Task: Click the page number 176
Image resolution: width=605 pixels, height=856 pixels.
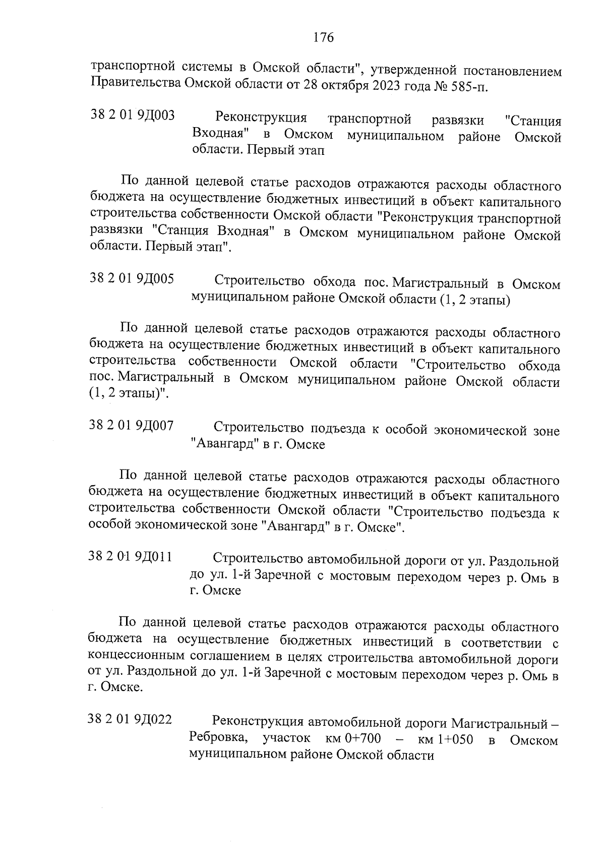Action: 324,38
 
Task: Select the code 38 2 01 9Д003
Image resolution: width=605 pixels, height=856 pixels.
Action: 132,116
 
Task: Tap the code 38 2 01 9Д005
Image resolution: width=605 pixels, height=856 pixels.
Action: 132,279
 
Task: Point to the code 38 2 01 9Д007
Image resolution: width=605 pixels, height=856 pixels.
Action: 131,426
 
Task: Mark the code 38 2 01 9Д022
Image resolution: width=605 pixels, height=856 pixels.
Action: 130,720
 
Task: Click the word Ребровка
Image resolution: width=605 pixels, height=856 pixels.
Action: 219,738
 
